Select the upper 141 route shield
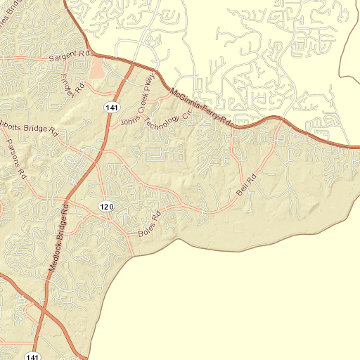pyautogui.click(x=113, y=107)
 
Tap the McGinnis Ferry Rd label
pyautogui.click(x=200, y=107)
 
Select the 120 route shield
pyautogui.click(x=105, y=206)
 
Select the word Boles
pyautogui.click(x=146, y=229)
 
